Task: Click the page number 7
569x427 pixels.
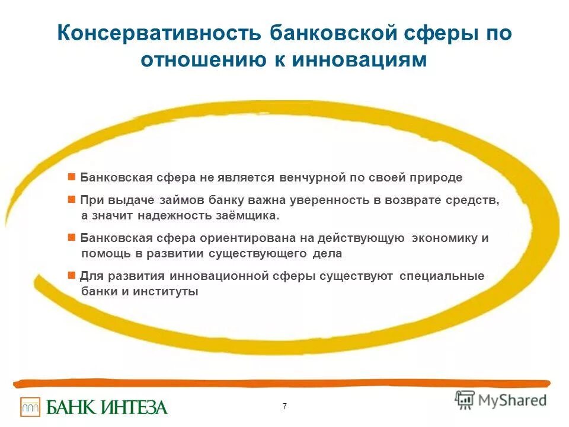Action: tap(284, 406)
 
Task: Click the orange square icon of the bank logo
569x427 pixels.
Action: tap(30, 407)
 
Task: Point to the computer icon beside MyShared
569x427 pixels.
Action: tap(465, 400)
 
